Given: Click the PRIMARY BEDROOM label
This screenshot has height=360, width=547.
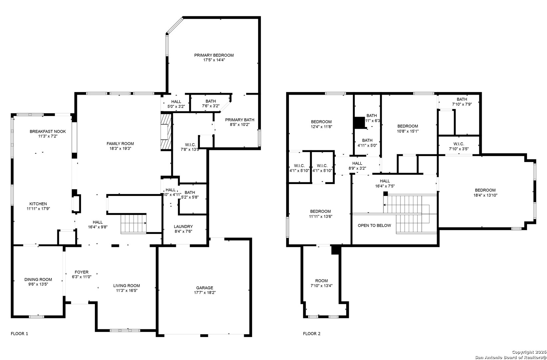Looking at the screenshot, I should [214, 55].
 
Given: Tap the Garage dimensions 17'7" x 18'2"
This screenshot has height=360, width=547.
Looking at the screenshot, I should [204, 293].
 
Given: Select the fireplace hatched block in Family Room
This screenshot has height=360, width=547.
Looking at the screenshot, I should [166, 132].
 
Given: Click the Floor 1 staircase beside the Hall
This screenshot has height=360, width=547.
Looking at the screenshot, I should [134, 223].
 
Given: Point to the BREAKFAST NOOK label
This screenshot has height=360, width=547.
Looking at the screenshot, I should [48, 131].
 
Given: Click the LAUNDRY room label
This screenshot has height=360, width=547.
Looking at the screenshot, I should [183, 226].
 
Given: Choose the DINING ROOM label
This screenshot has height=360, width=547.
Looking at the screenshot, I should [38, 279].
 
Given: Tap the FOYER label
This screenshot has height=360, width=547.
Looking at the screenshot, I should [82, 272].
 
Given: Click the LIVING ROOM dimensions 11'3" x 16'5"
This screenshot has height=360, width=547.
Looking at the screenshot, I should [126, 290].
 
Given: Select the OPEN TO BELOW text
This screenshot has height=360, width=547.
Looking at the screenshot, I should [374, 225].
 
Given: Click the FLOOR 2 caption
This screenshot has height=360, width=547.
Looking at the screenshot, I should [311, 333].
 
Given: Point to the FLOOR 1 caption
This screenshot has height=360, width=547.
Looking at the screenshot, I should [19, 333].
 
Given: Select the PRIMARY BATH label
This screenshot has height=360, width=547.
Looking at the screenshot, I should [240, 120].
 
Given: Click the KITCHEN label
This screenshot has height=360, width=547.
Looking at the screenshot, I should [38, 204].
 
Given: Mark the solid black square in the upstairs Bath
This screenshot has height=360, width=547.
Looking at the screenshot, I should [359, 122].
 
